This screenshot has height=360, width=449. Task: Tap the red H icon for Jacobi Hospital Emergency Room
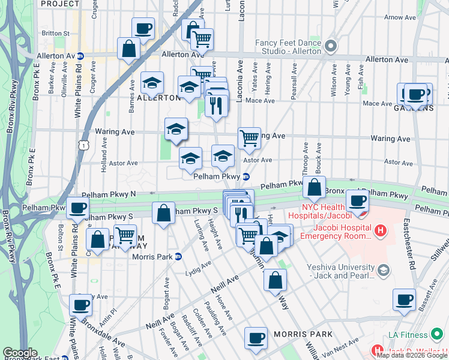tap(379, 230)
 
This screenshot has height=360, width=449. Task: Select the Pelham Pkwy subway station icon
tap(246, 176)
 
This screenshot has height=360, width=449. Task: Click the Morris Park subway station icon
tap(178, 256)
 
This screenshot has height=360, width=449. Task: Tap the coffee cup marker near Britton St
tap(143, 28)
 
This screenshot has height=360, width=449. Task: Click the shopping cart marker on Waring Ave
tap(249, 138)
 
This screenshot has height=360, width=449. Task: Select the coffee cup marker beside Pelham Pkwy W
tap(77, 208)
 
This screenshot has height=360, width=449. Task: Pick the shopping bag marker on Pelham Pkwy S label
tap(163, 213)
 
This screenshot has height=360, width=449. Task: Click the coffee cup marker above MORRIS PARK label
tap(256, 337)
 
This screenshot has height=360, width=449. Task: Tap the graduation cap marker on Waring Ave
tap(176, 129)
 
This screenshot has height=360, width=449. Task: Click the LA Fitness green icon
tap(437, 334)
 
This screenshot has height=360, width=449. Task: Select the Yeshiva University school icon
tap(381, 271)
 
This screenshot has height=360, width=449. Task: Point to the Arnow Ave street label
tap(402, 17)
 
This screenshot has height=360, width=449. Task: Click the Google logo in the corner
tap(20, 353)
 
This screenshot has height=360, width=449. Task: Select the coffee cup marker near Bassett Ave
tap(404, 299)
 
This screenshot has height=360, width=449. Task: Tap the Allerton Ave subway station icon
tap(80, 56)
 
